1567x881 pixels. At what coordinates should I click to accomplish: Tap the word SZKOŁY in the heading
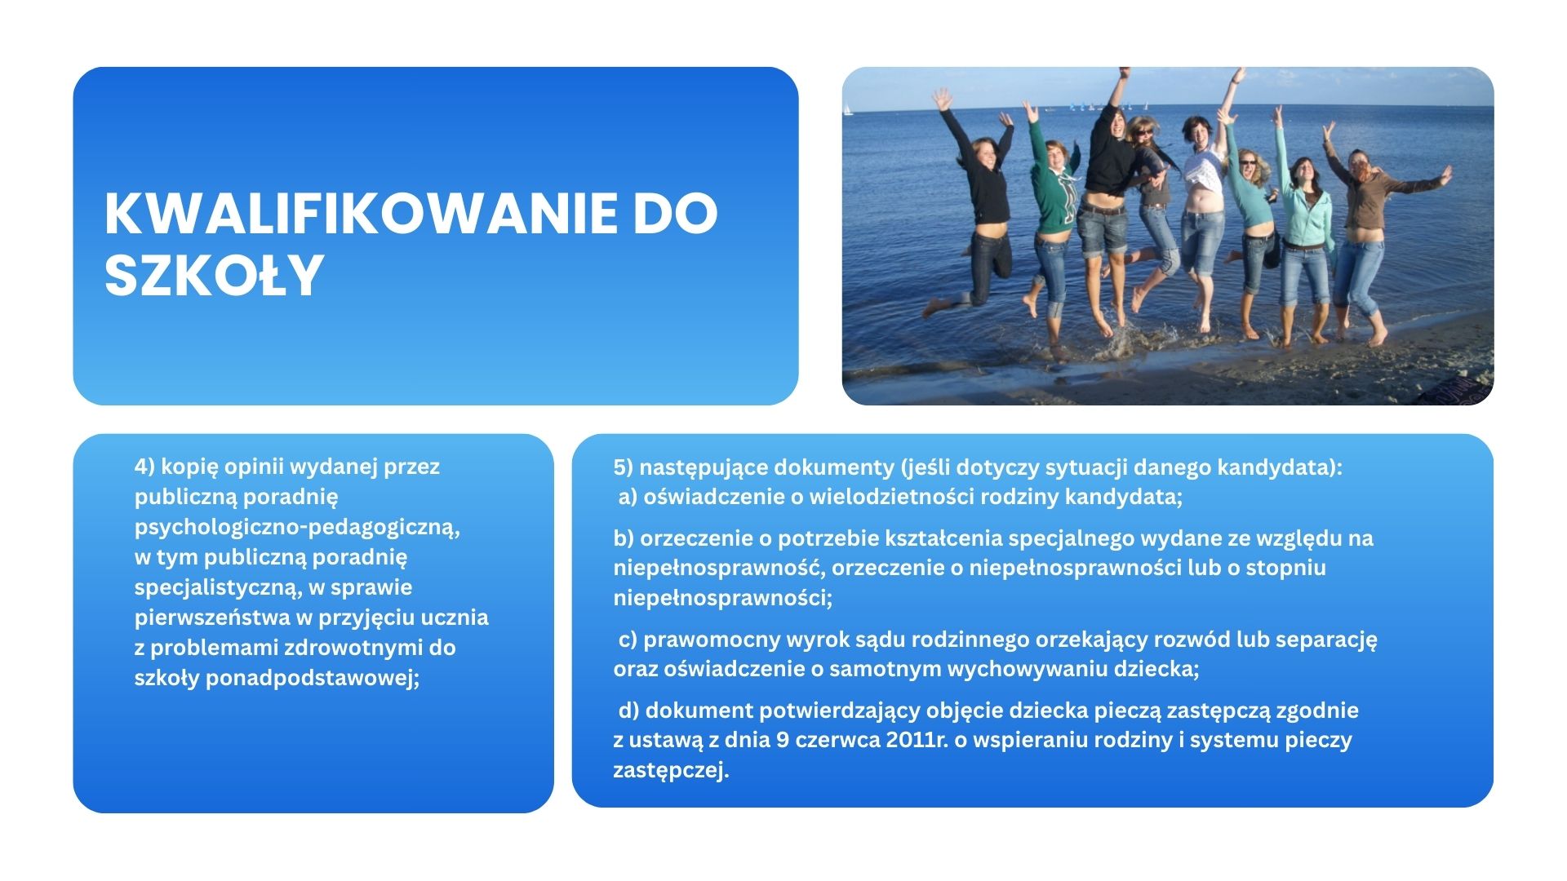tap(215, 275)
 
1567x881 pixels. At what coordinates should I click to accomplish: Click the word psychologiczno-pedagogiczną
tap(297, 528)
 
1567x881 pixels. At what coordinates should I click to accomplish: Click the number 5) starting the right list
tap(624, 467)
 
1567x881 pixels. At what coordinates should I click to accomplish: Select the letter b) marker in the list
tap(624, 538)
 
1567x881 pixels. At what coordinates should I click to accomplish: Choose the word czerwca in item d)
tap(837, 741)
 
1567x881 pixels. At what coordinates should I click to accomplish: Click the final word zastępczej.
tap(671, 771)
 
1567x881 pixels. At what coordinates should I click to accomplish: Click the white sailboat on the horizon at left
tap(849, 110)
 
